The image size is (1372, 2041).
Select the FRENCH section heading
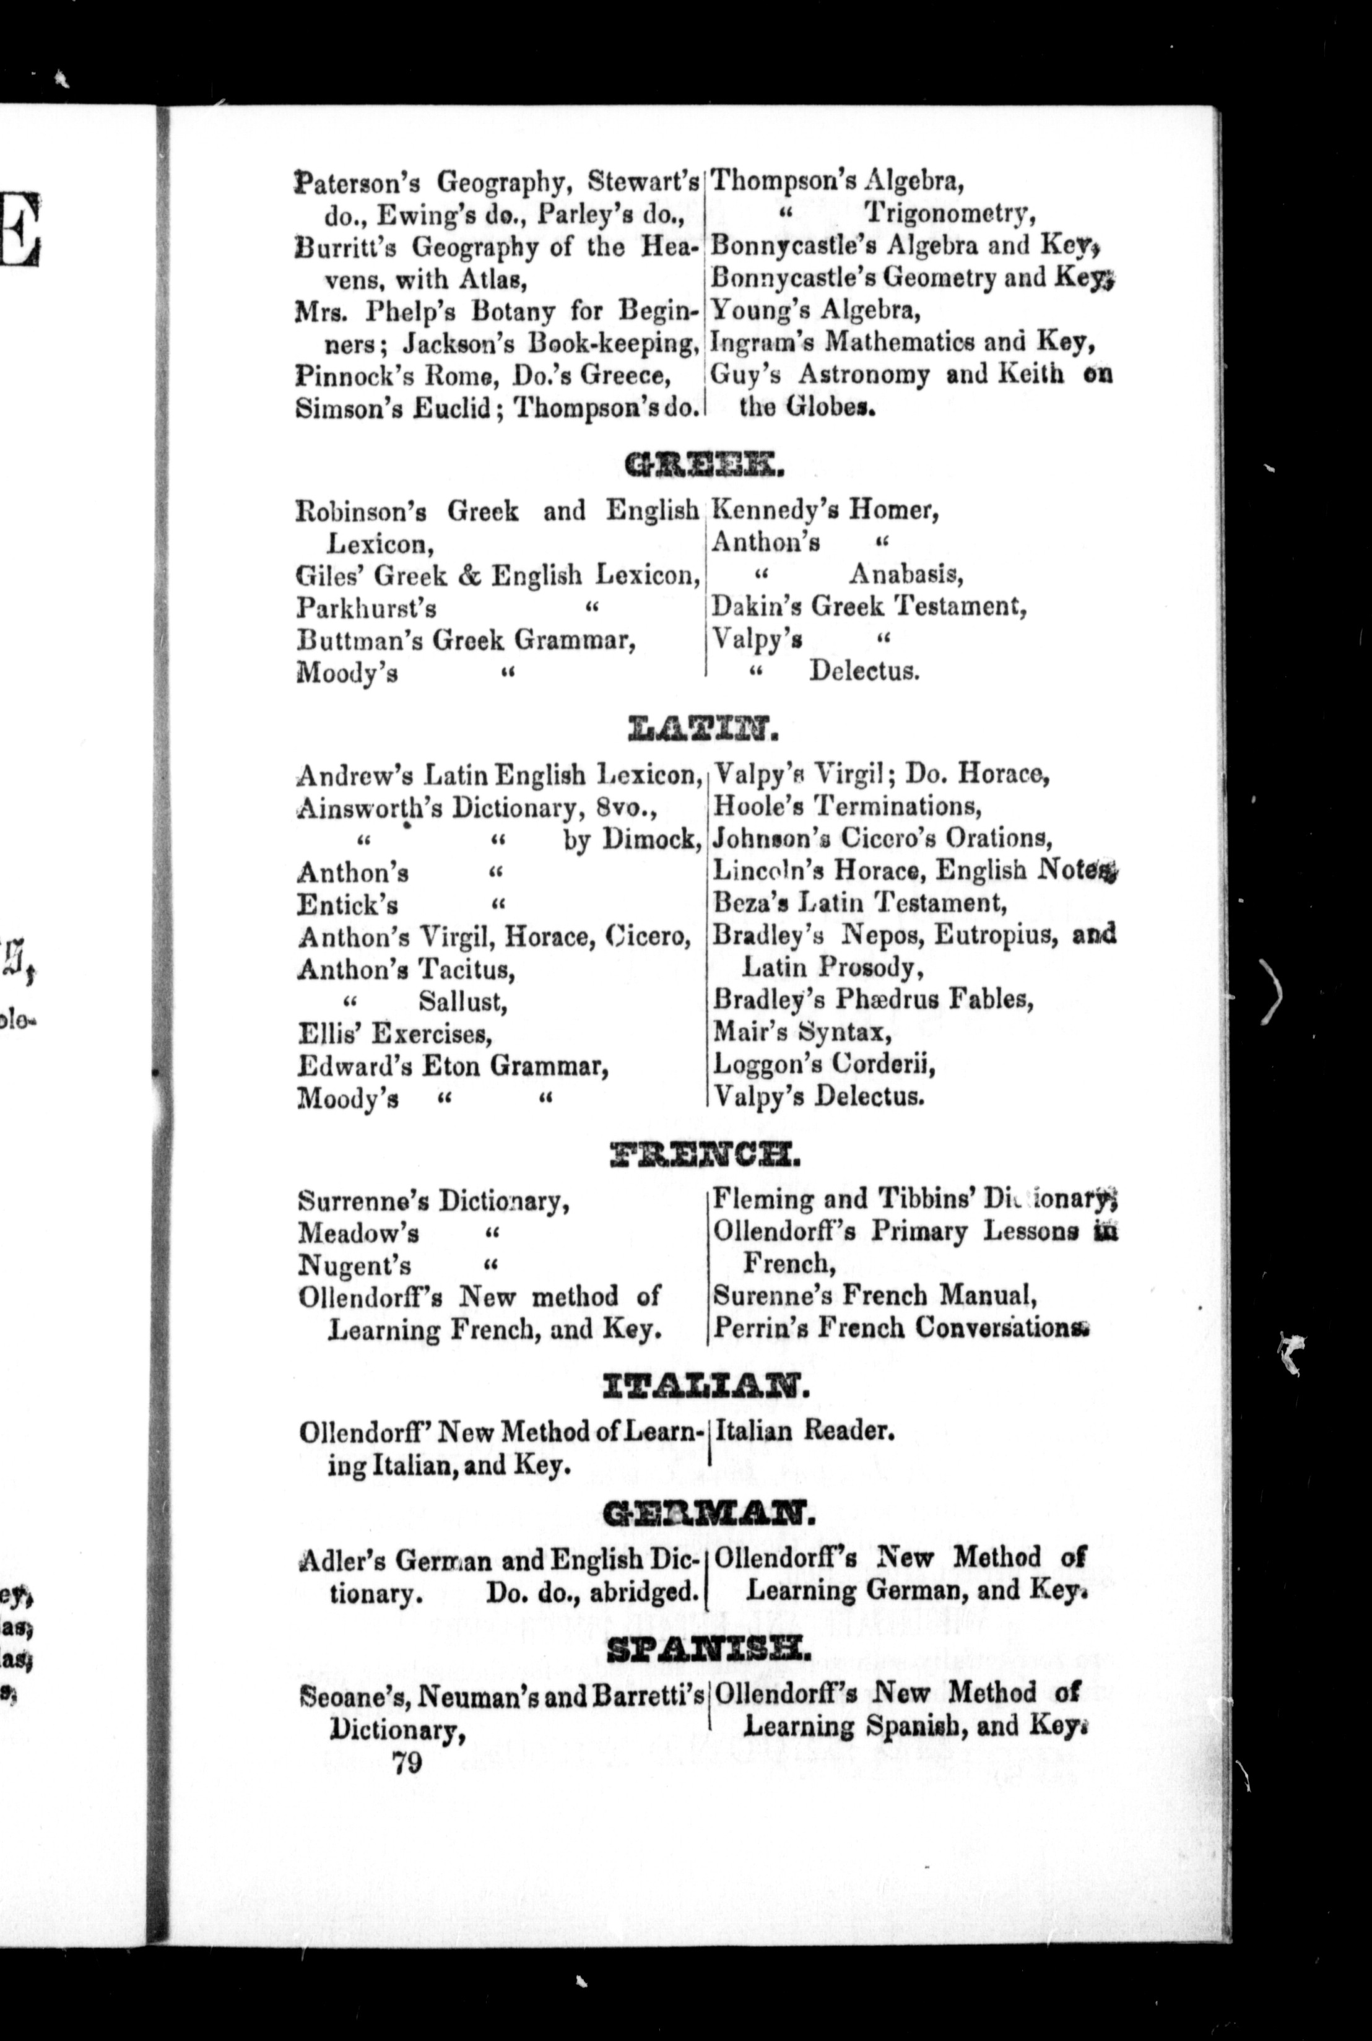(x=705, y=1156)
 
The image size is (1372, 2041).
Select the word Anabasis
(x=906, y=575)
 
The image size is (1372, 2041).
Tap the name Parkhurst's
(x=367, y=607)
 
